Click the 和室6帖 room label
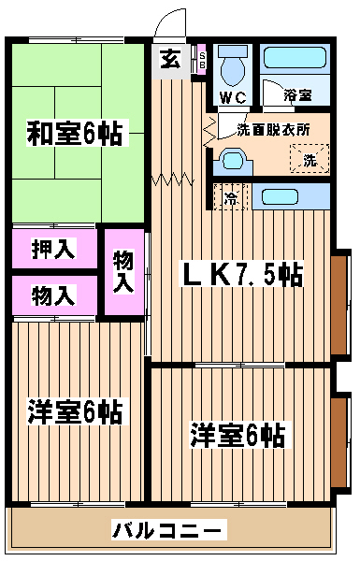click(x=75, y=133)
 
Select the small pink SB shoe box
click(x=202, y=59)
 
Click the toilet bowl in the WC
click(x=233, y=66)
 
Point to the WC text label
click(x=233, y=97)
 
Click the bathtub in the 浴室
click(x=295, y=58)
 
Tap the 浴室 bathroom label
click(x=297, y=94)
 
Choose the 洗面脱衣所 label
click(x=273, y=130)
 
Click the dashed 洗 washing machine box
click(x=310, y=159)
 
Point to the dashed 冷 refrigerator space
click(x=231, y=196)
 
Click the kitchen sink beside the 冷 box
click(x=280, y=196)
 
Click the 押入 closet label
click(x=53, y=249)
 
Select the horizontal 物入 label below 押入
click(x=53, y=295)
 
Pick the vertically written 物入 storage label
click(x=123, y=272)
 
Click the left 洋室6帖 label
click(x=75, y=411)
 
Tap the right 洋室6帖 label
click(x=238, y=436)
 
